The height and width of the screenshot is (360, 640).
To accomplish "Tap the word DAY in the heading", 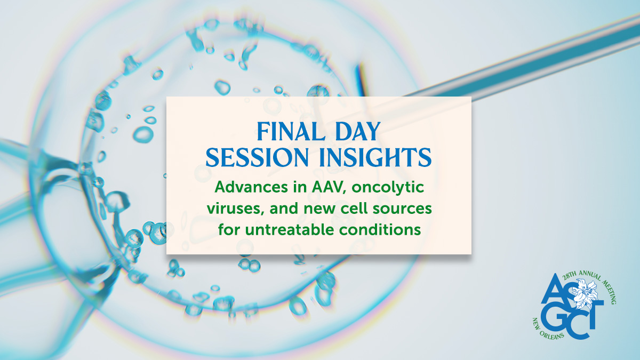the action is [x=358, y=131].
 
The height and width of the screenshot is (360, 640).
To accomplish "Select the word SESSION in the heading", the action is [x=257, y=157].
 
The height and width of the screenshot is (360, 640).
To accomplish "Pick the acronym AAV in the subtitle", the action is [x=329, y=187].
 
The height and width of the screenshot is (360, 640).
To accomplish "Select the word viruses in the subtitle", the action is [x=235, y=209].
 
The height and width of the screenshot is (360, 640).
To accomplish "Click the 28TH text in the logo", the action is [x=570, y=276].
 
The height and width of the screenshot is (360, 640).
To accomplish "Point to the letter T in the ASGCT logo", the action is [x=594, y=314].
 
